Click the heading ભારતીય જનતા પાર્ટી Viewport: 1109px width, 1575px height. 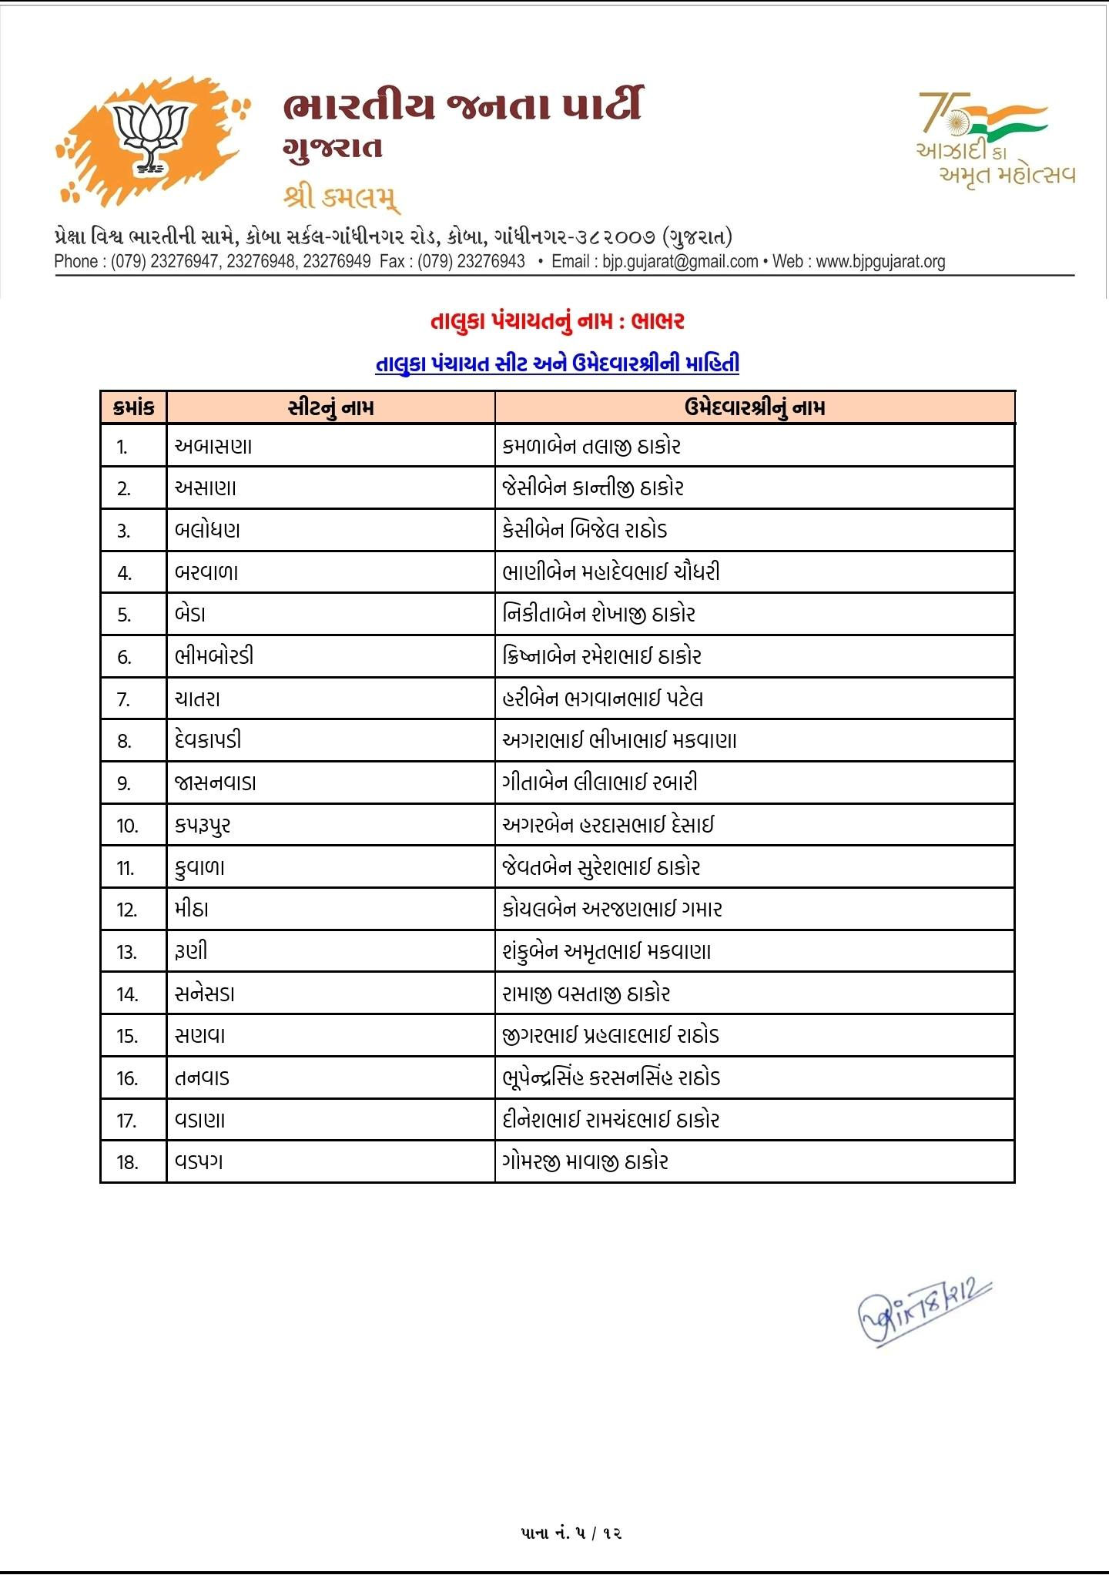click(x=462, y=106)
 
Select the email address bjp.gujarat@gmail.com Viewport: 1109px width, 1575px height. click(x=680, y=262)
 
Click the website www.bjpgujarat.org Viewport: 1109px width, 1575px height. click(x=880, y=262)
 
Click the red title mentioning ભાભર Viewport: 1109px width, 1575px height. click(x=557, y=321)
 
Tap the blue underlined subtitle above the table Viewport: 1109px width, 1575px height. click(x=557, y=363)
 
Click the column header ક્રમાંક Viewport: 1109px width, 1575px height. click(x=133, y=407)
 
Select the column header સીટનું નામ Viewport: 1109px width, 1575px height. click(x=330, y=407)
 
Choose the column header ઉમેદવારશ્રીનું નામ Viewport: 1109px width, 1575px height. click(x=754, y=407)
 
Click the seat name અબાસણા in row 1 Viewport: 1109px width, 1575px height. click(x=213, y=447)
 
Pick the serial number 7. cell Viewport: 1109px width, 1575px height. click(x=124, y=699)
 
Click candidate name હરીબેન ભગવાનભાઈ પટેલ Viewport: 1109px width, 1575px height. click(x=602, y=699)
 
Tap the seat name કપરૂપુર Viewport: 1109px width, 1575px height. click(x=203, y=826)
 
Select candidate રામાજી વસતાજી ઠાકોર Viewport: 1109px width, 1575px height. click(x=586, y=994)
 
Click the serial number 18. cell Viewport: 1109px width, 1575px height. click(x=127, y=1162)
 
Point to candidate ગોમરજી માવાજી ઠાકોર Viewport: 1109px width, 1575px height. click(x=585, y=1162)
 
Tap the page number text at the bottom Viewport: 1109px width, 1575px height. click(x=571, y=1533)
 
